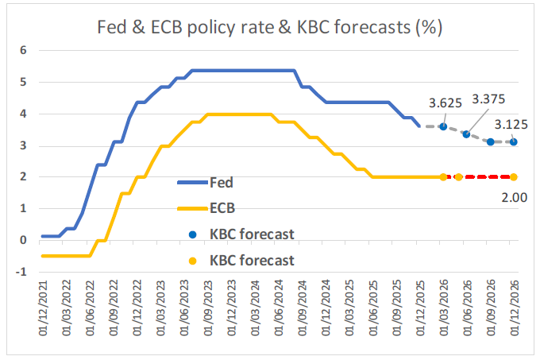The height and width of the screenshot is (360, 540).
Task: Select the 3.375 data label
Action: coord(489,99)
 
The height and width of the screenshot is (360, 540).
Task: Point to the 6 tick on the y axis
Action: coord(24,50)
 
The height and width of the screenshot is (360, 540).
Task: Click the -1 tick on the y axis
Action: coord(21,272)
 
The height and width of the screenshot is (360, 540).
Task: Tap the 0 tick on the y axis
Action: coord(24,240)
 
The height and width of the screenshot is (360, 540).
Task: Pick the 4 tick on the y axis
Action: coord(24,114)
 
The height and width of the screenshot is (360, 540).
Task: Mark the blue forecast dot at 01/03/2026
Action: coord(443,126)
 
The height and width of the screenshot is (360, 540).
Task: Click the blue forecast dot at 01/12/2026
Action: coord(514,142)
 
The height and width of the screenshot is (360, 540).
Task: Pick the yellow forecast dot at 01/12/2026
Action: coord(514,176)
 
